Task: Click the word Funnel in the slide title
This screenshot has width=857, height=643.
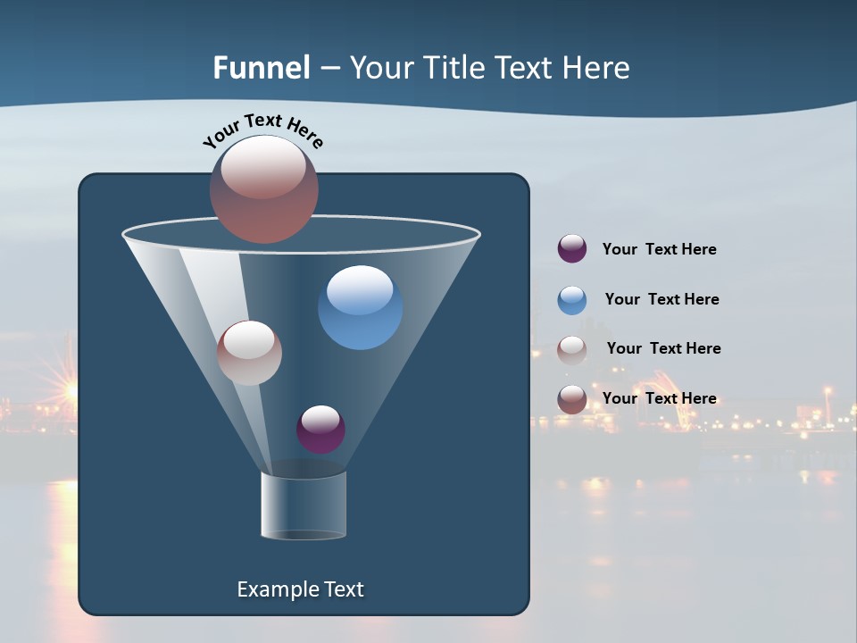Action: [261, 68]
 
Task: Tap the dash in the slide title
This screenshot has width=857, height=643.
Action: [329, 69]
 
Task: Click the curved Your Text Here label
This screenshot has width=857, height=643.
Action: [263, 129]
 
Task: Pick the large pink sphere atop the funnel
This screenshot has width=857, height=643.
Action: [264, 188]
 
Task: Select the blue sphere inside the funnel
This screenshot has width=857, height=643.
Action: [360, 307]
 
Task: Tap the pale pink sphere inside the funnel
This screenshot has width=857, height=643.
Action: [249, 353]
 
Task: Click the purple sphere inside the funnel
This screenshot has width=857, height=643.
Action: [320, 429]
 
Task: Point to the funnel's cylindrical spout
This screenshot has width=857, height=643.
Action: [304, 505]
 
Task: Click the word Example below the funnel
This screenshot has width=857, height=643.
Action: [276, 589]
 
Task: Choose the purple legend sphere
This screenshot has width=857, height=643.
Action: [572, 248]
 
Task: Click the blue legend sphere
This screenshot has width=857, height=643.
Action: [572, 300]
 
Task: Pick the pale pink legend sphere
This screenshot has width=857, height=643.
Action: [572, 350]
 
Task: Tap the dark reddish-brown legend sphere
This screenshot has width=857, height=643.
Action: [572, 399]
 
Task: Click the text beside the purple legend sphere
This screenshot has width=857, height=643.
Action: [659, 249]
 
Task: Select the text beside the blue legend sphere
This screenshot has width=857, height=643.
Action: [661, 299]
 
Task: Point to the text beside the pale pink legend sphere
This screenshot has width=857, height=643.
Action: [663, 348]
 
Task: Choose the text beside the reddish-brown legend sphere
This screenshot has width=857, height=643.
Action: [659, 398]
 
